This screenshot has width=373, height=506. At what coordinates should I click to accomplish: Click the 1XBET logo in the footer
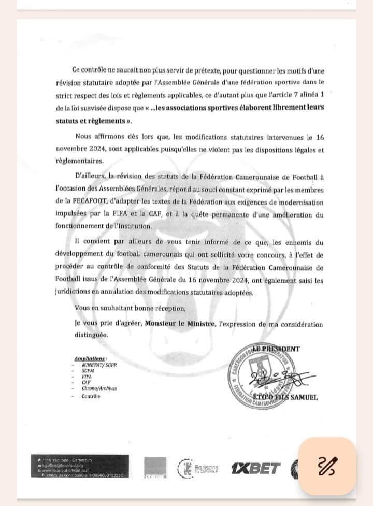click(x=255, y=468)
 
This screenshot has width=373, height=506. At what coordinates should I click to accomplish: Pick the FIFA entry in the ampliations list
click(x=86, y=377)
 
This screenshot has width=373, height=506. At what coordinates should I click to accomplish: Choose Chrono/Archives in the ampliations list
click(x=98, y=389)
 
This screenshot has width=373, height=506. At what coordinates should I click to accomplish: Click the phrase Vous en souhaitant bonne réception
click(x=130, y=308)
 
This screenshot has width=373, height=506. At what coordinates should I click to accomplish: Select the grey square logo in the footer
click(x=155, y=468)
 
